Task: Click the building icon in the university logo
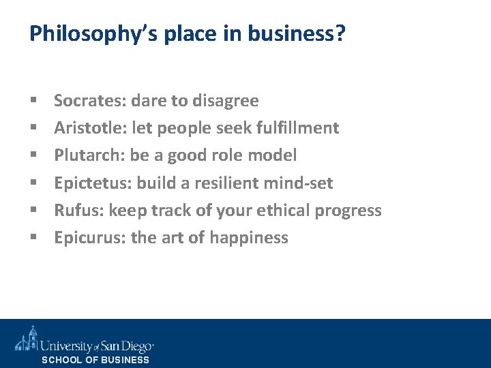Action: (27, 339)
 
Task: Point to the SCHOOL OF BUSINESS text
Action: (95, 360)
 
